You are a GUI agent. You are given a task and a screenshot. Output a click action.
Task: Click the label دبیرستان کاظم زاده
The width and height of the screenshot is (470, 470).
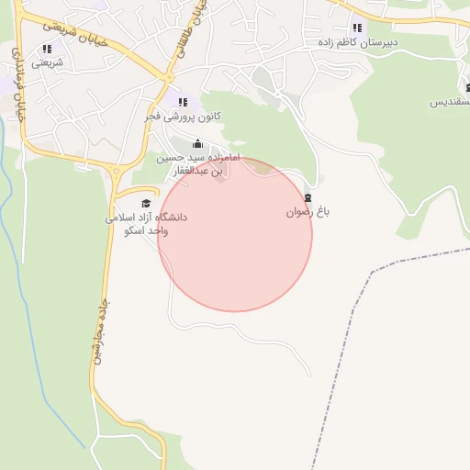357,42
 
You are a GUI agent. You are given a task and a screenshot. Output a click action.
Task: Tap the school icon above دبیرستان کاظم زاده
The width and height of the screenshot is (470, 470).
357,28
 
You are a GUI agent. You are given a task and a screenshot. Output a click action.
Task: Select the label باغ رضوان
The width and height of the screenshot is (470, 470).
307,212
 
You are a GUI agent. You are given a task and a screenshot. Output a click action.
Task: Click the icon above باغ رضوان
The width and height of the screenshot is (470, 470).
308,197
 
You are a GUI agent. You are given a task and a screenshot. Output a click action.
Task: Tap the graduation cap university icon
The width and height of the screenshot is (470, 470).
146,203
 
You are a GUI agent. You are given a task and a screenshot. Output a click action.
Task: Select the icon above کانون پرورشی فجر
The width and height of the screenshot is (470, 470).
183,102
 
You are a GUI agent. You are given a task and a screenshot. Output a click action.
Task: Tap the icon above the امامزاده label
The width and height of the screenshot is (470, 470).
197,144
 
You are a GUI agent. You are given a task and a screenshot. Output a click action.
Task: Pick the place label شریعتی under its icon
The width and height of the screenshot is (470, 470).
48,63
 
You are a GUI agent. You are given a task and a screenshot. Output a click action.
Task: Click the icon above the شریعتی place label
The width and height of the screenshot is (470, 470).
47,49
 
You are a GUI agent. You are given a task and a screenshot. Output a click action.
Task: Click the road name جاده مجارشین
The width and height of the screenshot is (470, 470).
99,331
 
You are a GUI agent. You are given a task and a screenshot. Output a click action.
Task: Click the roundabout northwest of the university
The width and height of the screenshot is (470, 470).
116,172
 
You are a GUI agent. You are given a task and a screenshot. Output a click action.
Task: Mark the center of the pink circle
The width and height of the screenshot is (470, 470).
235,234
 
